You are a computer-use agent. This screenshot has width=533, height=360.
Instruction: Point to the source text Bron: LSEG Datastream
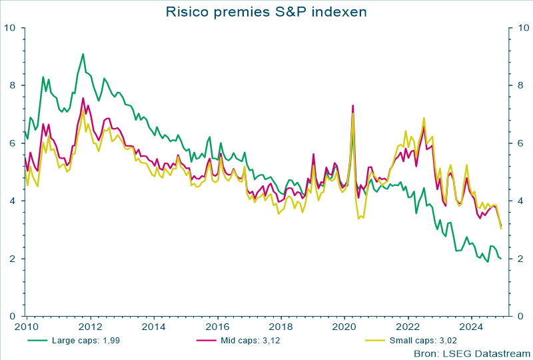[471, 353]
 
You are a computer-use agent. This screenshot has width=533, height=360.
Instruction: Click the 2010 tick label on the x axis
[25, 327]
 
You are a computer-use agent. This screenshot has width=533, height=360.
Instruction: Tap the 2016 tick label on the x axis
[217, 327]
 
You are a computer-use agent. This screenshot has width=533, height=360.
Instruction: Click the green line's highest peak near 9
[83, 54]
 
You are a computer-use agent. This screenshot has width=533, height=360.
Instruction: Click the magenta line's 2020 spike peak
[352, 105]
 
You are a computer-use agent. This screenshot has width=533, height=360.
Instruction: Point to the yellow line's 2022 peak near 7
[424, 118]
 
